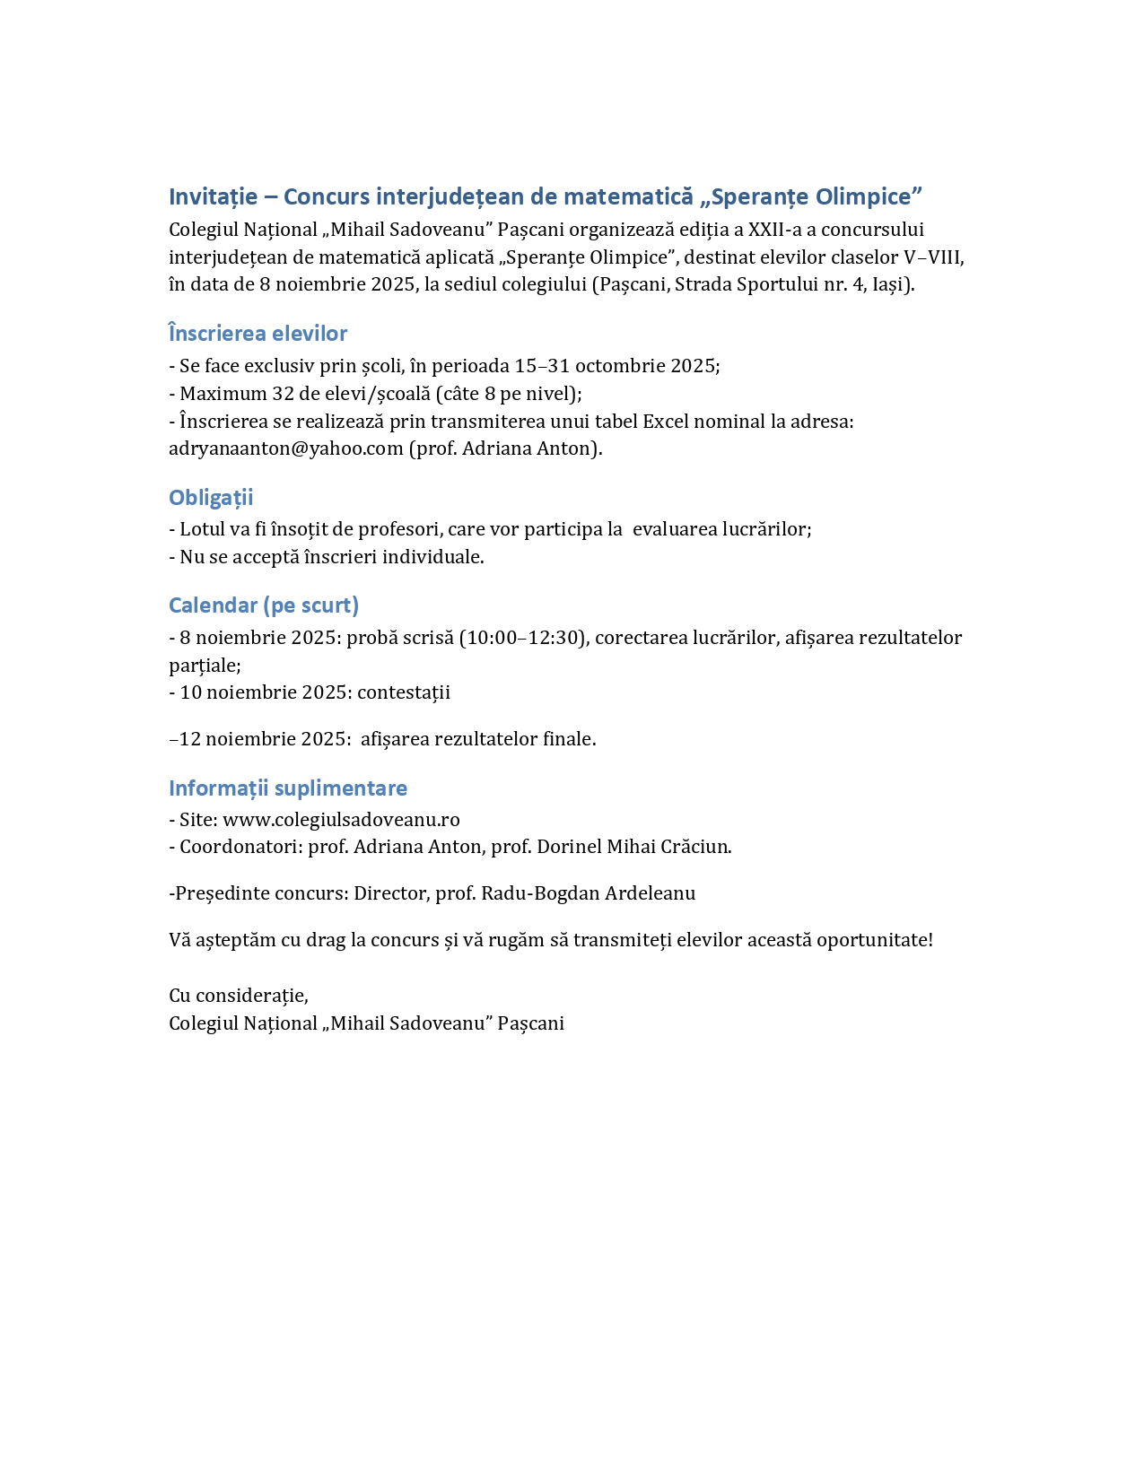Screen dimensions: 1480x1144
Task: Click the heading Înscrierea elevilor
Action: point(258,334)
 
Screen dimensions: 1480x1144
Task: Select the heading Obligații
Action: point(211,498)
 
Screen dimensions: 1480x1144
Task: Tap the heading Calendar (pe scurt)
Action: point(264,605)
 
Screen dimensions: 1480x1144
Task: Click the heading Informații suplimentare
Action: point(288,788)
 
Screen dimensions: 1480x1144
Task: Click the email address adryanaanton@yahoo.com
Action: point(285,448)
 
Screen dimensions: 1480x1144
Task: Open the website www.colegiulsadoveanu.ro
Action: point(341,820)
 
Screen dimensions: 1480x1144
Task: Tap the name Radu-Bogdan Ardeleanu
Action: point(588,893)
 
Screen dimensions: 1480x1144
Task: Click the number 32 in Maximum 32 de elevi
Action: point(284,394)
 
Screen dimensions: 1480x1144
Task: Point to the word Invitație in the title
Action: point(213,196)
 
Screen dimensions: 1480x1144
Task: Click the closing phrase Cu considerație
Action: point(238,996)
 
